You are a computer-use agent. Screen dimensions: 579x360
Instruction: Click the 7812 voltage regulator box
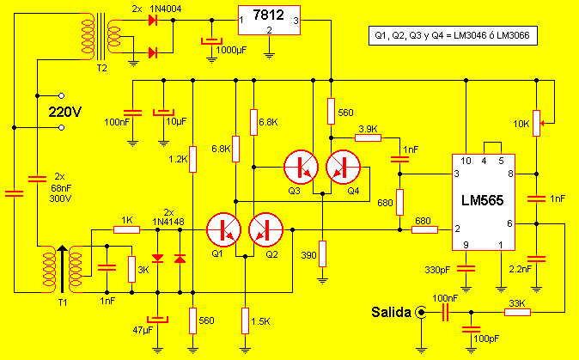tap(269, 21)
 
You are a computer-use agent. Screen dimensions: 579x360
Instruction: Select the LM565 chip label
tap(482, 200)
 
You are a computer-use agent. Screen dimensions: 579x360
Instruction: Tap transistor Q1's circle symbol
tap(223, 229)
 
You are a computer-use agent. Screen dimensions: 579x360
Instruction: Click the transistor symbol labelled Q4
tap(343, 167)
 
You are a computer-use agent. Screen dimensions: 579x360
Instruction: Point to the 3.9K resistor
tap(368, 137)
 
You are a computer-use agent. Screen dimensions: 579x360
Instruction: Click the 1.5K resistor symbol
tap(245, 321)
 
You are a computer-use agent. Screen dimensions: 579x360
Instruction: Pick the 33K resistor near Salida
tap(517, 313)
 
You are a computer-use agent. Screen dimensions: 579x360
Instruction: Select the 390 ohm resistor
tap(322, 253)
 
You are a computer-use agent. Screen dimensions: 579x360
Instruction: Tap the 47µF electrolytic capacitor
tap(158, 319)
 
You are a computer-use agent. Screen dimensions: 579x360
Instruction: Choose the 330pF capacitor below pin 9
tap(466, 269)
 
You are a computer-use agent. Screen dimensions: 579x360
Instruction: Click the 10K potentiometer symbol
tap(537, 123)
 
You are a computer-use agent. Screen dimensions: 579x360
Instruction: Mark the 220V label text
tap(65, 112)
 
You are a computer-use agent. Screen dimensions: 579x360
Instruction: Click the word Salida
tap(391, 313)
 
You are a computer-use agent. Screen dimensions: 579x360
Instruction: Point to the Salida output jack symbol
tap(421, 313)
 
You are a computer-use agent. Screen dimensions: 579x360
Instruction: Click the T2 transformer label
tap(102, 69)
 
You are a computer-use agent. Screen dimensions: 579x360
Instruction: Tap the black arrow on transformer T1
tap(63, 268)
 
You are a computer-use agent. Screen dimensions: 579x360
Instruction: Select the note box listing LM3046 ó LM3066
tap(453, 36)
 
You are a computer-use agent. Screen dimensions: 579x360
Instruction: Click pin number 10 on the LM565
tap(466, 161)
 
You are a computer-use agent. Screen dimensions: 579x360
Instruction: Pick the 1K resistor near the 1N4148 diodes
tap(126, 230)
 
